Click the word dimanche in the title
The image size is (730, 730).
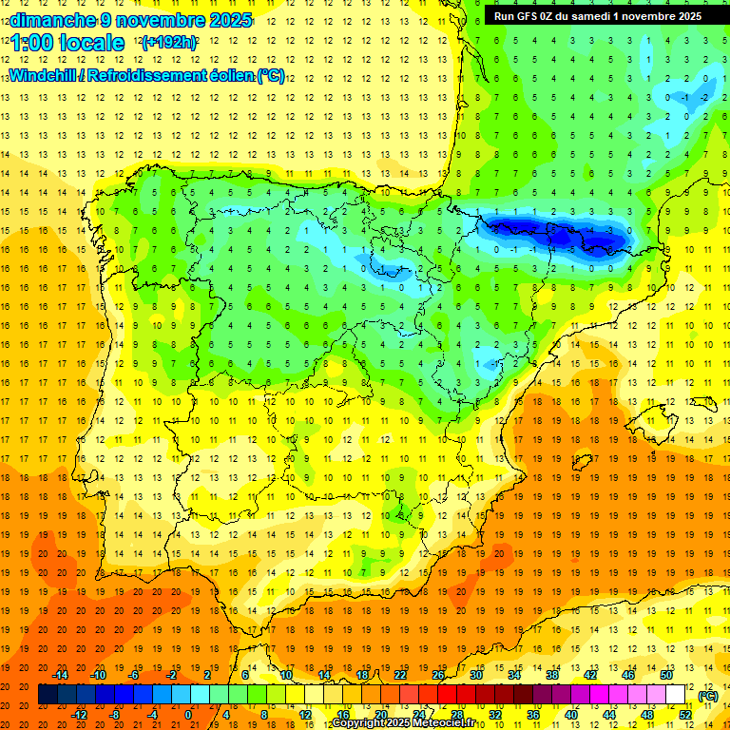pyautogui.click(x=46, y=20)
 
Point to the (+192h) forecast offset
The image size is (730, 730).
pyautogui.click(x=169, y=43)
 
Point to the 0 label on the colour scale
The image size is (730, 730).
pyautogui.click(x=188, y=715)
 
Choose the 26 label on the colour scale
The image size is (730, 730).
pyautogui.click(x=438, y=675)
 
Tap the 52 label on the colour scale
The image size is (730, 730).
pyautogui.click(x=685, y=715)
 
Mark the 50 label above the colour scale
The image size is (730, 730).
pyautogui.click(x=666, y=675)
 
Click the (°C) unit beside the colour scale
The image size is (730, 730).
pyautogui.click(x=708, y=696)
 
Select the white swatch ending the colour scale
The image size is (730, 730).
pyautogui.click(x=676, y=695)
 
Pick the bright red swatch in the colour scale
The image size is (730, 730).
pyautogui.click(x=447, y=695)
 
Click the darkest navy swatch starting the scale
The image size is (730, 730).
pyautogui.click(x=48, y=695)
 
